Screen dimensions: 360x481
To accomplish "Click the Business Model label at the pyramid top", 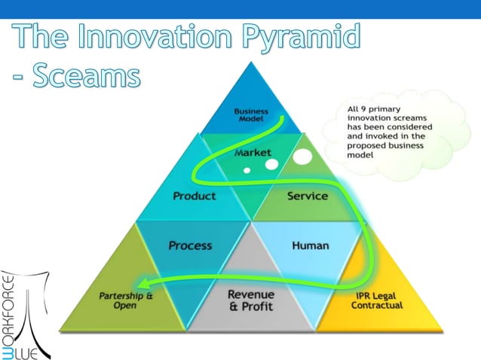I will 251,116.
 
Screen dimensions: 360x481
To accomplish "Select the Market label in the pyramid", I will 253,153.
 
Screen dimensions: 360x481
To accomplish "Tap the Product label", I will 195,196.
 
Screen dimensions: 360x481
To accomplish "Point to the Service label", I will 308,196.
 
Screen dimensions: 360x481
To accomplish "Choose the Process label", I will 190,246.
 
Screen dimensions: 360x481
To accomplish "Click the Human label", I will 310,246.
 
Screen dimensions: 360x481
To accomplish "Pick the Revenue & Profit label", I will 251,299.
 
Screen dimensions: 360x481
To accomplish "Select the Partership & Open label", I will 127,300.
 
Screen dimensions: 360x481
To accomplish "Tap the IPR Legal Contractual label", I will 377,301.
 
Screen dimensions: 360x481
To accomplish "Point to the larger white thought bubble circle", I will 302,158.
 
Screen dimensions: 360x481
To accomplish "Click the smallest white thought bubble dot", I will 246,170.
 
